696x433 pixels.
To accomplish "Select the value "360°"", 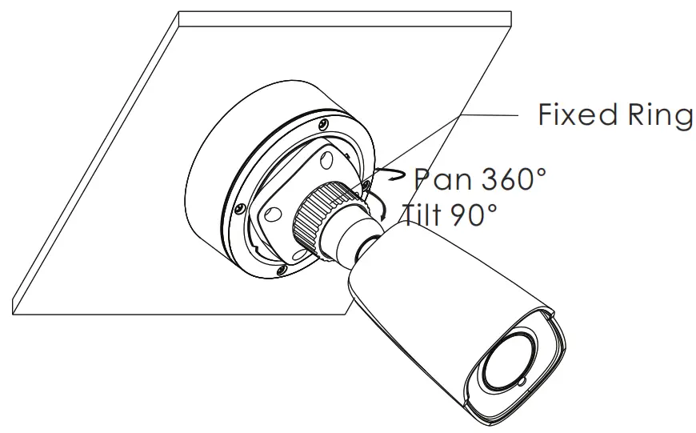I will coord(514,178).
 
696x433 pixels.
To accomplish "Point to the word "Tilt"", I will coord(424,214).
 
